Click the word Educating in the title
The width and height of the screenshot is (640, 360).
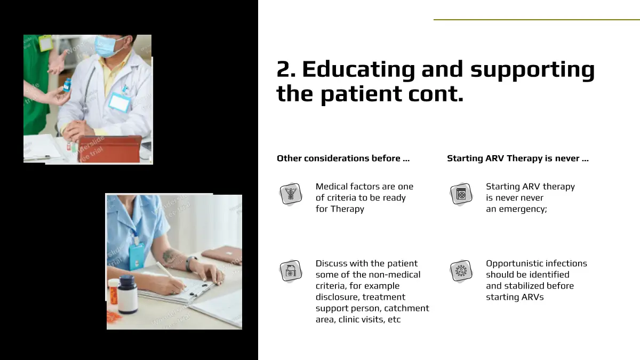(358, 69)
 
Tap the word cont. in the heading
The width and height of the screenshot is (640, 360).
(436, 94)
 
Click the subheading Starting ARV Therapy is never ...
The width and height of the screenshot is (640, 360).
(513, 158)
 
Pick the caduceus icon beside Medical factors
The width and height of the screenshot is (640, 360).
(291, 194)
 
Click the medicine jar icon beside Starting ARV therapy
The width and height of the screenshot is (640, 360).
(461, 194)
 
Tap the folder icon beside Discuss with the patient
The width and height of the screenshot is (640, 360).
(291, 270)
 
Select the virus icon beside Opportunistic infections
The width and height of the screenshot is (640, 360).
(461, 270)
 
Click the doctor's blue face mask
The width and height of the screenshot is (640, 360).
(108, 46)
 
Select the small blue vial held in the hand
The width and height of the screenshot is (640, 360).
(67, 85)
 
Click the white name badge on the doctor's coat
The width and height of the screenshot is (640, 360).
(119, 102)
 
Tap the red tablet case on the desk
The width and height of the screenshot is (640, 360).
(110, 149)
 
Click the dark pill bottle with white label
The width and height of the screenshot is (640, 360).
(127, 294)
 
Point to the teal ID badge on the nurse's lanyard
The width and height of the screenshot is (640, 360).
(137, 256)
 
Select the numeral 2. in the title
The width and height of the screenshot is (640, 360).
(286, 69)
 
